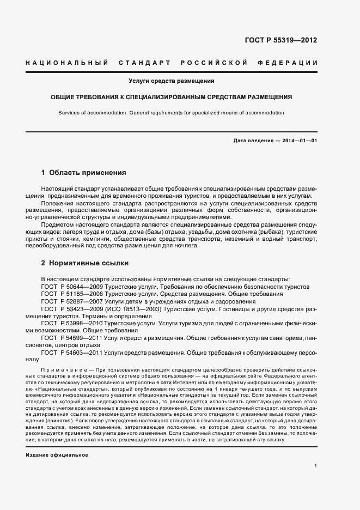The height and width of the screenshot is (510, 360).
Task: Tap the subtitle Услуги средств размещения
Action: (171, 81)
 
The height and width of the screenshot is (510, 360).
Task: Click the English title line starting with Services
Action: (171, 112)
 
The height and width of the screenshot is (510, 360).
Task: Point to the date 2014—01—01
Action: (299, 141)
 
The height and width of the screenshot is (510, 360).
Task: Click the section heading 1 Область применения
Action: (84, 173)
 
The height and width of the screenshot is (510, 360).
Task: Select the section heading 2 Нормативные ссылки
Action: (85, 263)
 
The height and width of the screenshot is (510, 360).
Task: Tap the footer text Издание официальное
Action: (57, 454)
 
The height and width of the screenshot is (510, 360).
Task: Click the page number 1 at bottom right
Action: (316, 465)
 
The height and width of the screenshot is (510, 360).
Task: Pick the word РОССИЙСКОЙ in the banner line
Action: (215, 63)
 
